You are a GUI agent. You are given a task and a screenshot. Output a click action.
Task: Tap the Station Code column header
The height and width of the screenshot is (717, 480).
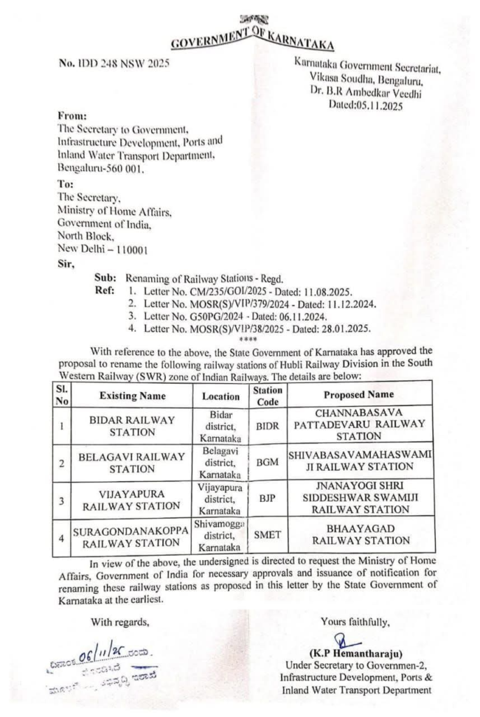[x=268, y=395]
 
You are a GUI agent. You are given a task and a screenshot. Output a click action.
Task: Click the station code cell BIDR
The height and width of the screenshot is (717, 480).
[x=268, y=425]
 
